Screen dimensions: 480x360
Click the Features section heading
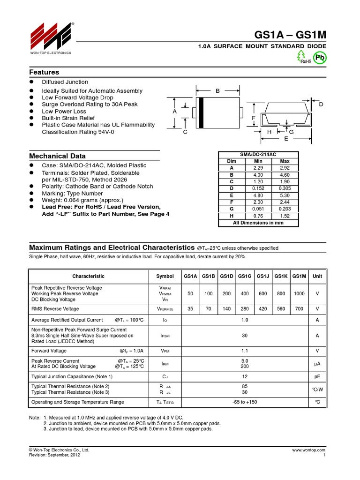(x=44, y=72)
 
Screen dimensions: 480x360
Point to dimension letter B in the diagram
(x=217, y=91)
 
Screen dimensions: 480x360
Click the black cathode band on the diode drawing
(x=201, y=112)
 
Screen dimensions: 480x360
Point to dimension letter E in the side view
(x=286, y=139)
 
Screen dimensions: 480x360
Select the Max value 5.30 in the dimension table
(x=285, y=195)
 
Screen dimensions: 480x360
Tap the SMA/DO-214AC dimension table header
(x=258, y=154)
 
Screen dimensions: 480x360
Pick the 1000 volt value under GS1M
(x=299, y=293)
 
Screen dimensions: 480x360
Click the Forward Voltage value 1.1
(x=245, y=350)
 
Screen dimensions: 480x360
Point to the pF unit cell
(x=317, y=376)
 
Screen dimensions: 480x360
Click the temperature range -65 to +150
(x=245, y=402)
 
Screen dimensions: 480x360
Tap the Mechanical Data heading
(x=58, y=156)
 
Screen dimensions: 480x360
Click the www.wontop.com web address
(x=308, y=450)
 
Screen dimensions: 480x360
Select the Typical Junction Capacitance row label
(x=72, y=376)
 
